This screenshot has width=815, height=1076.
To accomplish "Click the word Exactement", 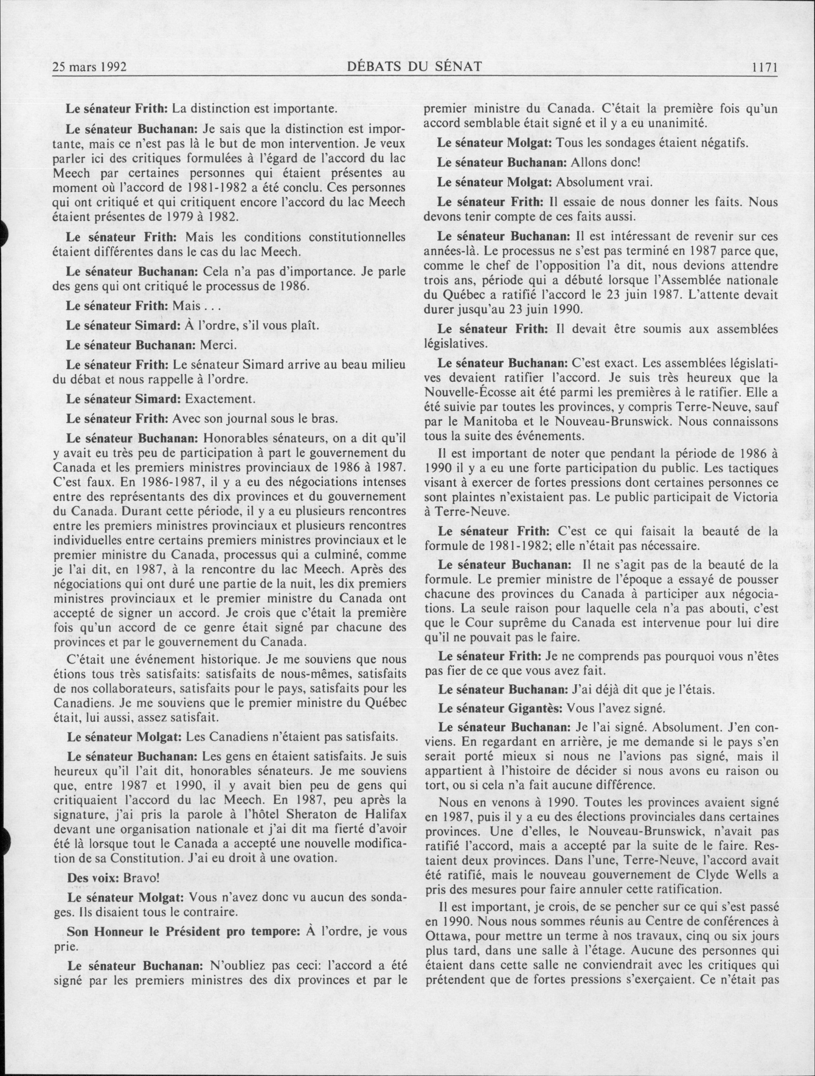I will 218,399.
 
